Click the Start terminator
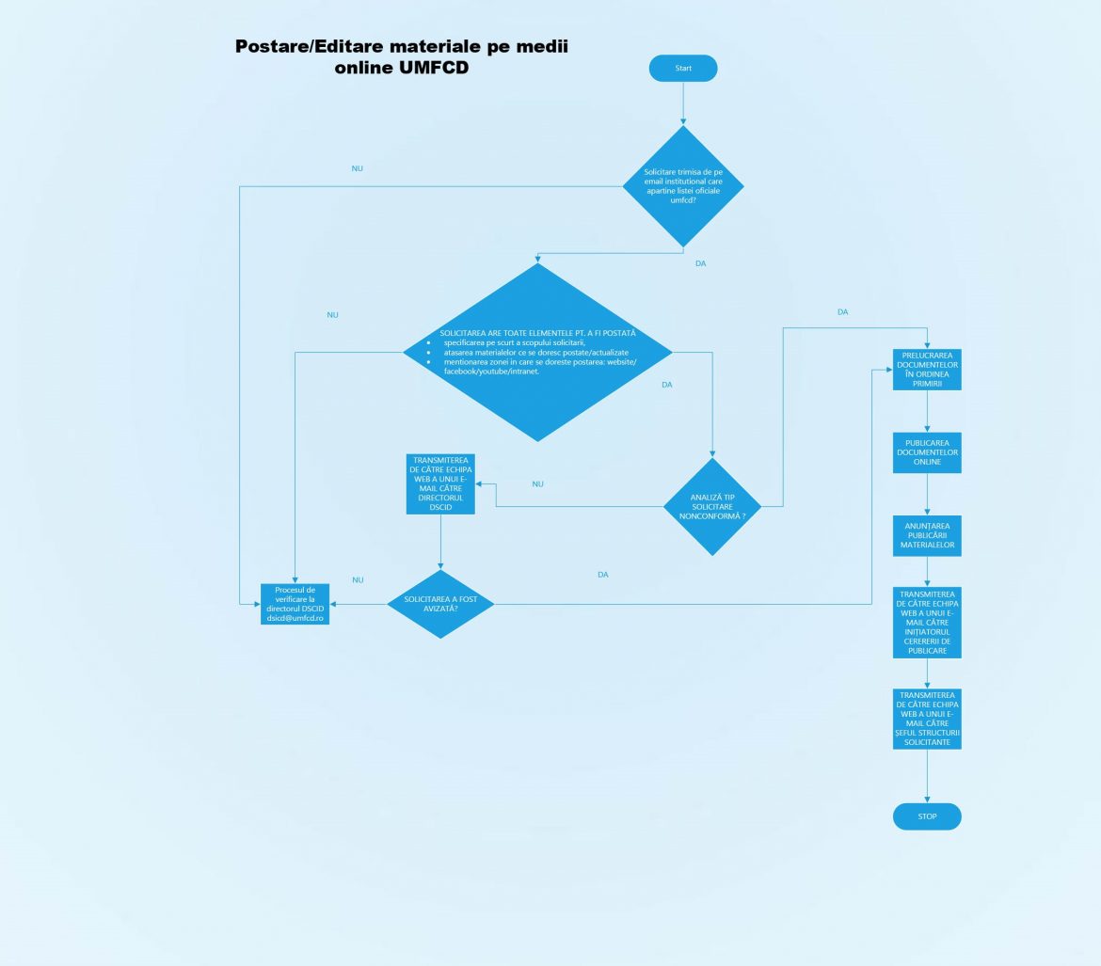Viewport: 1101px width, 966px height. [683, 69]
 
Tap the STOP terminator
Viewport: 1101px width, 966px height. [927, 816]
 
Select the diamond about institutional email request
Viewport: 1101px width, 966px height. [683, 186]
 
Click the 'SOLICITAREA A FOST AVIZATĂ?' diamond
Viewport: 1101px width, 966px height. [440, 604]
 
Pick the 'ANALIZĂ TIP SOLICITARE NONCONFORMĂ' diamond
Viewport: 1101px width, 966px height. [712, 506]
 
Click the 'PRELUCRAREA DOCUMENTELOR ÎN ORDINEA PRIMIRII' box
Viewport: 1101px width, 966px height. [927, 370]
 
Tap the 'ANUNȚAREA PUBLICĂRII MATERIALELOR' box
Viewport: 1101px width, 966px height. [927, 534]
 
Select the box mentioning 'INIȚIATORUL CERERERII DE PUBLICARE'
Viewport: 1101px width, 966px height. [928, 623]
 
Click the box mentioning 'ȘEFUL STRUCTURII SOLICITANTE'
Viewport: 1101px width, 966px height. [928, 719]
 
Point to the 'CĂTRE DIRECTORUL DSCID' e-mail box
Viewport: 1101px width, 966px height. [440, 483]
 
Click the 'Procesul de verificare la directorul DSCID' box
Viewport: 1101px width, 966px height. [295, 604]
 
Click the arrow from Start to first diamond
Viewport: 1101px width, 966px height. [683, 103]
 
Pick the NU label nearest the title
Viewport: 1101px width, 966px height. [357, 169]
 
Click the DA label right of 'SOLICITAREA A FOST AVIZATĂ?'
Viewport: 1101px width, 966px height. [602, 574]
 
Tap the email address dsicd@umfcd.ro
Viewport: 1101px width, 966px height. [295, 619]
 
